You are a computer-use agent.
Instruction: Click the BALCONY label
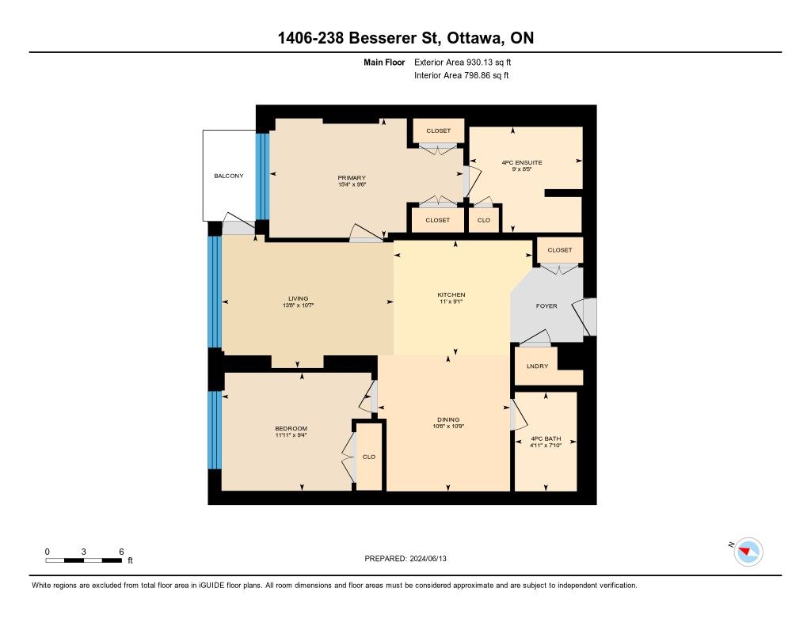click(229, 176)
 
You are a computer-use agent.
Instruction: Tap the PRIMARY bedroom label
click(352, 178)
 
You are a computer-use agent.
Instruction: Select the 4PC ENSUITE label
click(522, 162)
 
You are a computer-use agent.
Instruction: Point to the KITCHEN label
click(451, 294)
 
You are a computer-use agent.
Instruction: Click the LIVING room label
click(298, 298)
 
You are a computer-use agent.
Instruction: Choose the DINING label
click(448, 419)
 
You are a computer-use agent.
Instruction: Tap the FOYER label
click(546, 306)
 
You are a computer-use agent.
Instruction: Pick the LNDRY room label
click(538, 366)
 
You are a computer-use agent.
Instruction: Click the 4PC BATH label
click(546, 438)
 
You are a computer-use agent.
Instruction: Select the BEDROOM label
click(291, 428)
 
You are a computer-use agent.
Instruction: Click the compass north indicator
click(748, 552)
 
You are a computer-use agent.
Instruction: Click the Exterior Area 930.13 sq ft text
click(463, 62)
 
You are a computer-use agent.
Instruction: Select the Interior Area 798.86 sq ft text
click(462, 75)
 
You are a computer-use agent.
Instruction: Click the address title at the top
click(405, 38)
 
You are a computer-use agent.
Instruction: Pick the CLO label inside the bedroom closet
click(369, 457)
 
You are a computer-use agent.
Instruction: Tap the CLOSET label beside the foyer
click(560, 249)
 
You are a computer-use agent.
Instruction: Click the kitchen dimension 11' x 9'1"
click(451, 302)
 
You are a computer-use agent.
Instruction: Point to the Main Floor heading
click(384, 62)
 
